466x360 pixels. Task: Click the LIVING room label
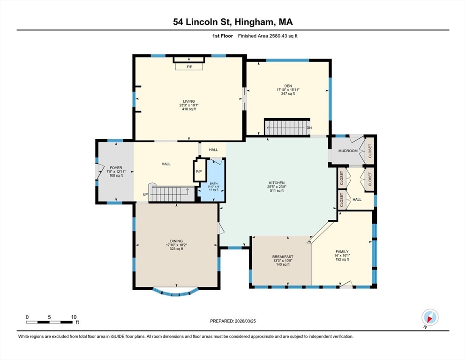tap(189, 101)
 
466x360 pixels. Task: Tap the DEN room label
tap(288, 86)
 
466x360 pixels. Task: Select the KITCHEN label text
tap(277, 183)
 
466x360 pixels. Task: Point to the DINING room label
tap(176, 241)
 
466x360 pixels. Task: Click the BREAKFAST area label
tap(283, 257)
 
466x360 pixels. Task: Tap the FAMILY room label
tap(342, 252)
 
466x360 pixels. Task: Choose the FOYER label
tap(116, 168)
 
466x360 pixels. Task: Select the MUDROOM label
tap(348, 151)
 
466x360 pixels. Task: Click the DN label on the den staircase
tap(309, 128)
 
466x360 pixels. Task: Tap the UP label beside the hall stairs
tap(145, 195)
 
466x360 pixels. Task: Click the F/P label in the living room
tap(189, 67)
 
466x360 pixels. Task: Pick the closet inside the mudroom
tap(369, 151)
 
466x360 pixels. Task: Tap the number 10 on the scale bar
tap(74, 317)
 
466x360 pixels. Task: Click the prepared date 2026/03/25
tap(245, 321)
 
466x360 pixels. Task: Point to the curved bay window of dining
tap(175, 294)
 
